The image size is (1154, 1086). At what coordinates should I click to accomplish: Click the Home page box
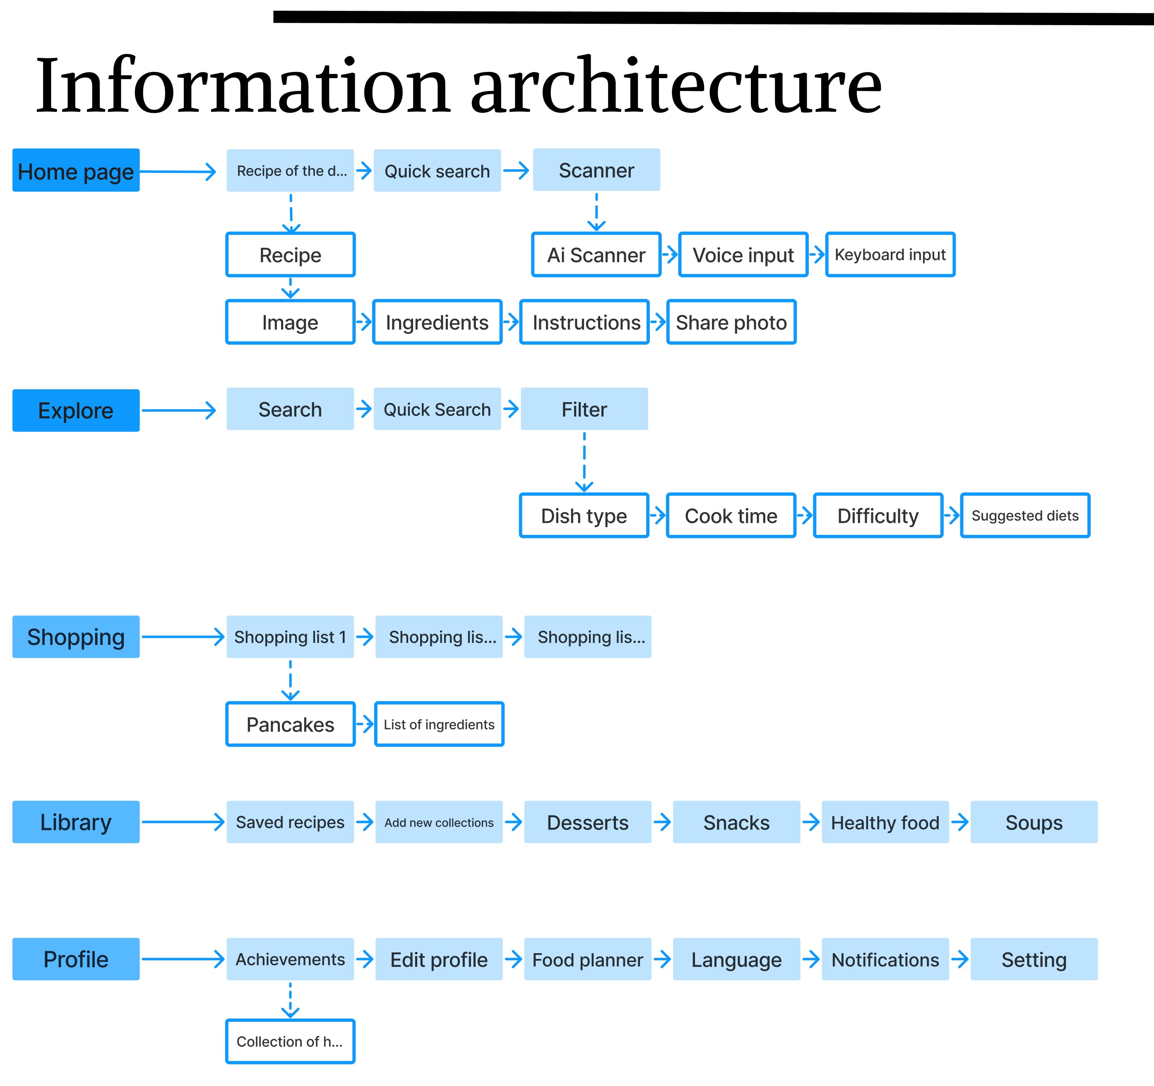click(76, 170)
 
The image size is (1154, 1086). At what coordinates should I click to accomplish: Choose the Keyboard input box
click(890, 255)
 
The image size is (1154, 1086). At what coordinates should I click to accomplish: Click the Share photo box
click(731, 322)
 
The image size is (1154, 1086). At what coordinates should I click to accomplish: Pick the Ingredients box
click(437, 322)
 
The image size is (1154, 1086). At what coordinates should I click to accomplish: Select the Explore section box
click(76, 410)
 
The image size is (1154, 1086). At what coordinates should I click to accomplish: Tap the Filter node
click(584, 409)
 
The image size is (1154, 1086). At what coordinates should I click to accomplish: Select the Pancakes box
click(290, 724)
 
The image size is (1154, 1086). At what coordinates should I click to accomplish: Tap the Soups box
click(1034, 822)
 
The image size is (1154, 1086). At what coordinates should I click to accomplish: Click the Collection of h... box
click(290, 1041)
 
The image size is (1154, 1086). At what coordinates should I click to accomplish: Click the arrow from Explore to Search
click(179, 410)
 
